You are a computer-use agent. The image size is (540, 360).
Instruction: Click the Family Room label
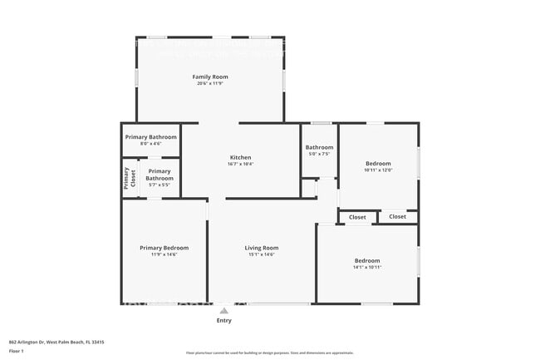tap(210, 76)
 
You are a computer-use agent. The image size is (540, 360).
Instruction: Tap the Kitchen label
tap(240, 157)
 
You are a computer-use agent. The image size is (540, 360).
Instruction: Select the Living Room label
tap(261, 248)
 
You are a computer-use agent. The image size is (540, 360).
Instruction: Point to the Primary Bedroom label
tap(164, 248)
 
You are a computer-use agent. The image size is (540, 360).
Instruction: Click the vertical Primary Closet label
tap(130, 179)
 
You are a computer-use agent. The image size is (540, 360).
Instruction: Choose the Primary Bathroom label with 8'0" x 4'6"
tap(150, 136)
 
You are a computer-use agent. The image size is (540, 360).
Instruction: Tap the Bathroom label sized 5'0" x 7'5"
tap(319, 147)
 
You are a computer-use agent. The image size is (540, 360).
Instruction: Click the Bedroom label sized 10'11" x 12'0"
tap(378, 164)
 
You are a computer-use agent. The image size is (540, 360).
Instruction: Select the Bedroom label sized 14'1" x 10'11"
tap(366, 261)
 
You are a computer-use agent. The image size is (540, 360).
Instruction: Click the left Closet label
tap(357, 217)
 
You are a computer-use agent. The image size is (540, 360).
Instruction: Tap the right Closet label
tap(397, 217)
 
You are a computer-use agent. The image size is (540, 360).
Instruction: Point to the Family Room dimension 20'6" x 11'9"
tap(210, 83)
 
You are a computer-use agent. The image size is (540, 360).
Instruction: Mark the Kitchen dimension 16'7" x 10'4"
tap(240, 164)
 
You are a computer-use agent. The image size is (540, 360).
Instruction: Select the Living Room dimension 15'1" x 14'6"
tap(261, 254)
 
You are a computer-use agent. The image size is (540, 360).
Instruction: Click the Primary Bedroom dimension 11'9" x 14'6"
tap(164, 254)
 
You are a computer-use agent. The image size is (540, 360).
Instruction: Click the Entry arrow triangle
tap(223, 311)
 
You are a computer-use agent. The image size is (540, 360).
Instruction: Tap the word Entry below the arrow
tap(223, 320)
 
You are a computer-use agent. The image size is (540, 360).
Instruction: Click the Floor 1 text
tap(17, 350)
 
